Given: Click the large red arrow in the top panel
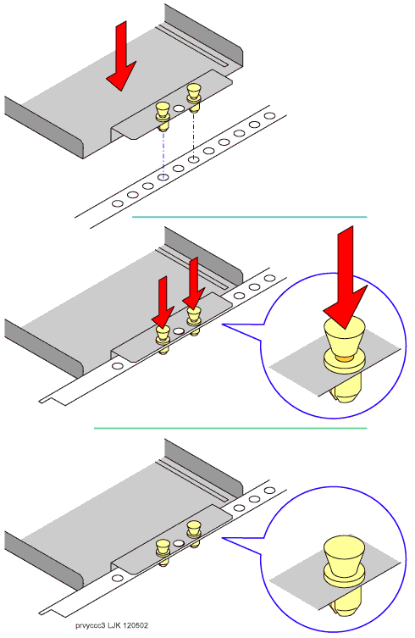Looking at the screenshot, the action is (121, 57).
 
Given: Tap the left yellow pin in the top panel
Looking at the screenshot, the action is (163, 116).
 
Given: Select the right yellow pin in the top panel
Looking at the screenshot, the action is (193, 97).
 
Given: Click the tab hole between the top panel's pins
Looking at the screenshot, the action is (178, 108).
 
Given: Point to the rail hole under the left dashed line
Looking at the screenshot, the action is (163, 177).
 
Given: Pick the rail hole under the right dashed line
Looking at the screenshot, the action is (194, 159).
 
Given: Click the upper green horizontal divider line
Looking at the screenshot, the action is (249, 217).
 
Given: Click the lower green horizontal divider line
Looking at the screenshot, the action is (230, 428).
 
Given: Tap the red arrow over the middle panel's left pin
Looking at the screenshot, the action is (163, 303).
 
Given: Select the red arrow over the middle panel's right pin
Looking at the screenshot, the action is (194, 284).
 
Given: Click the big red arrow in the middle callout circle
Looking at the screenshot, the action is (346, 278).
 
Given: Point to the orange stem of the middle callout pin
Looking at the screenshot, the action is (344, 358).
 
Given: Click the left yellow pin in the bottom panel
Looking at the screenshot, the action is (163, 552).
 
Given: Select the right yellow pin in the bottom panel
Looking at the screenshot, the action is (194, 534).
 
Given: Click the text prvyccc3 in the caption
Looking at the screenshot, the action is (91, 625).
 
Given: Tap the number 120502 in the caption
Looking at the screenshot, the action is (136, 625).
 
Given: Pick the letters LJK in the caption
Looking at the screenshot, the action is (114, 625).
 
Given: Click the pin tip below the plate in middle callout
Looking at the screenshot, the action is (345, 390).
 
